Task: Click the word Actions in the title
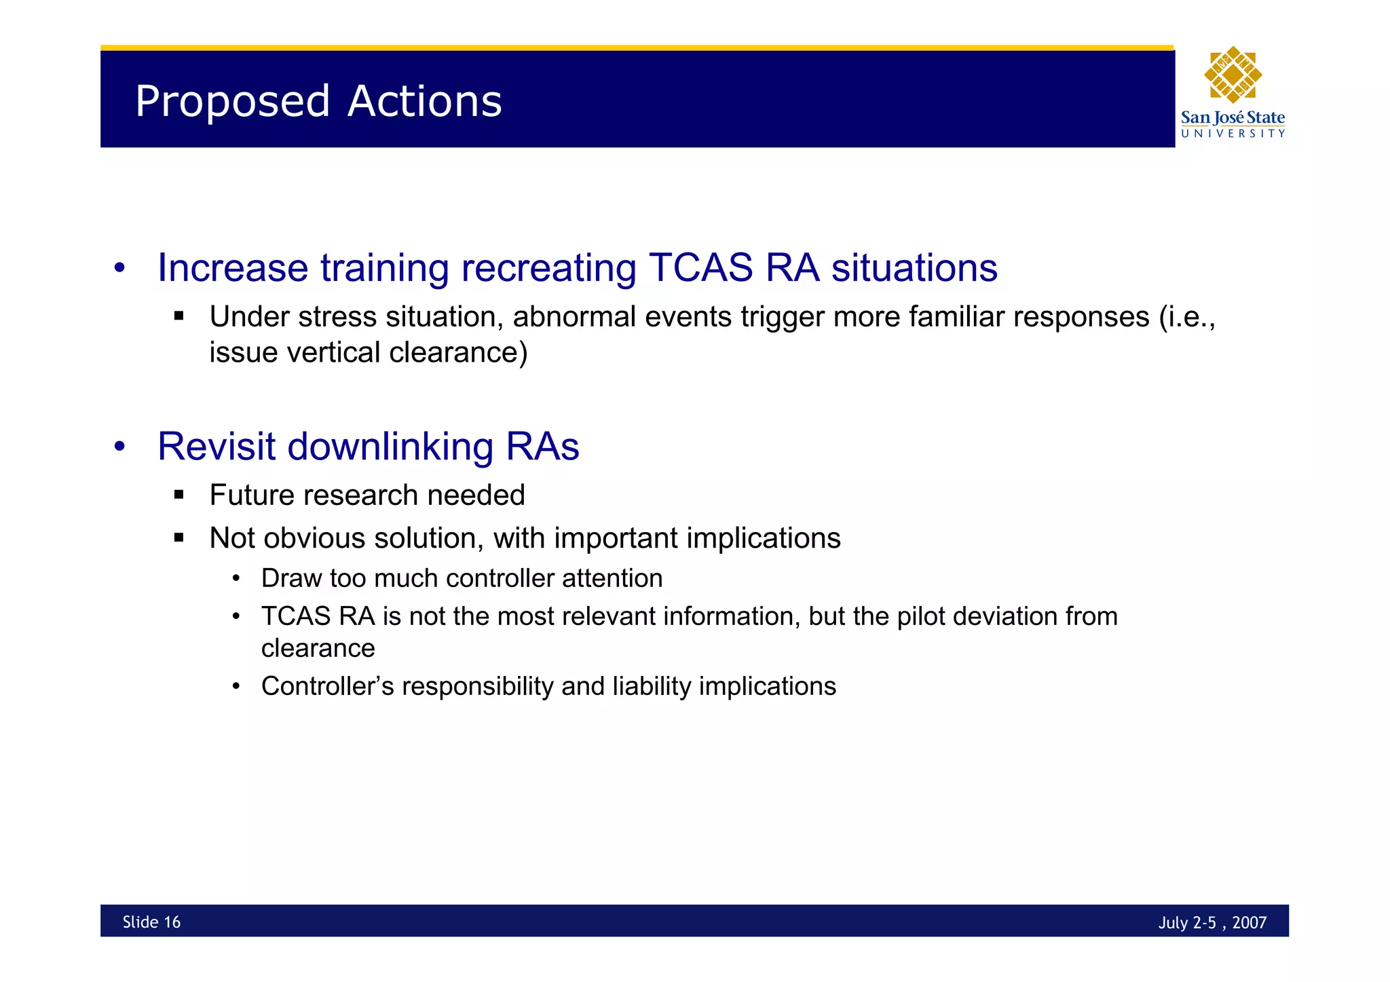[x=425, y=102]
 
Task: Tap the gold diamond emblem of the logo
[x=1233, y=75]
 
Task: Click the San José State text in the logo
[x=1233, y=117]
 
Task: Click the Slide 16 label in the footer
[x=151, y=922]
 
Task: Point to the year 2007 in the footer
[x=1250, y=922]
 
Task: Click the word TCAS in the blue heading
[x=700, y=267]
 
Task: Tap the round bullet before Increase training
[x=119, y=267]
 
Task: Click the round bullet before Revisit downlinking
[x=119, y=447]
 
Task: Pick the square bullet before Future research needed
[x=179, y=495]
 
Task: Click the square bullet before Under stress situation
[x=179, y=316]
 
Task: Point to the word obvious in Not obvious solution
[x=314, y=538]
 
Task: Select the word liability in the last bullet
[x=652, y=686]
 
